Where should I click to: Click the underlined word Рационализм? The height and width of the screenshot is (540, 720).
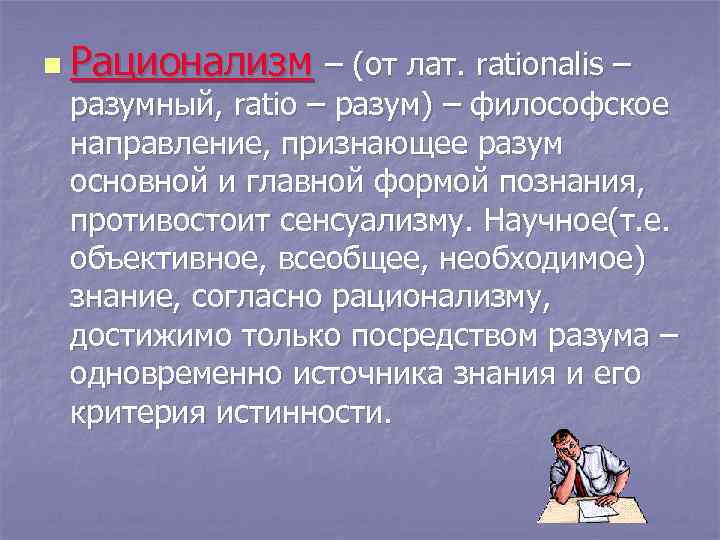(x=192, y=66)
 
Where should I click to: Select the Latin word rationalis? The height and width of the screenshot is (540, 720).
(x=540, y=67)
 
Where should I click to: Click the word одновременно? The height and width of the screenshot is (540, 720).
(x=176, y=375)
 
